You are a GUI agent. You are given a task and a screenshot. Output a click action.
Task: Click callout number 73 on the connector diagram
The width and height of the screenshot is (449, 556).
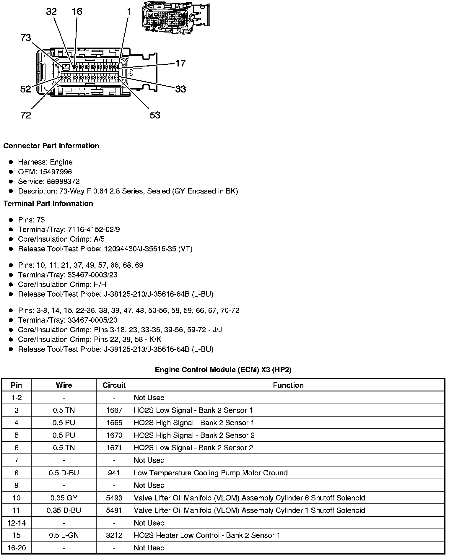(x=26, y=38)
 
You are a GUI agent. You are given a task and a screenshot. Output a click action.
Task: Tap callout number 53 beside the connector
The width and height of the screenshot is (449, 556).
(x=155, y=115)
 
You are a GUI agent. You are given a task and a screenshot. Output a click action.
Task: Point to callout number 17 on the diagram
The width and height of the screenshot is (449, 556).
(x=180, y=63)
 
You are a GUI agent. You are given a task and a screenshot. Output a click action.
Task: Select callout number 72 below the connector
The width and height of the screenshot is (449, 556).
(x=26, y=115)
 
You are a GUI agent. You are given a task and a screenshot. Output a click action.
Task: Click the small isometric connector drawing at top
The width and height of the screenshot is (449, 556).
(x=176, y=17)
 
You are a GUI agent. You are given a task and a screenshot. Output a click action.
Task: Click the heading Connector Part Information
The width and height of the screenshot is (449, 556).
(x=51, y=146)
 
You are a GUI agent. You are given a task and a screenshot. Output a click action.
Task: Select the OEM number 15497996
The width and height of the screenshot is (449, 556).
(x=56, y=172)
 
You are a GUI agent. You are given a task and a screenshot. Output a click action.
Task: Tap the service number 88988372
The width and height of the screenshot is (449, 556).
(x=63, y=181)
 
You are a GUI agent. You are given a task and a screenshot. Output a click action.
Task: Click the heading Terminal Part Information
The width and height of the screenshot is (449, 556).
(x=48, y=204)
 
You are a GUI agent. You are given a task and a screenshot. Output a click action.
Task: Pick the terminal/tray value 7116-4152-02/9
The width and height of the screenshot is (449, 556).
(x=94, y=230)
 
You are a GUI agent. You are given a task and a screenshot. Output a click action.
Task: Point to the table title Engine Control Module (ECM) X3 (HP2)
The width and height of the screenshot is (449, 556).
(x=223, y=370)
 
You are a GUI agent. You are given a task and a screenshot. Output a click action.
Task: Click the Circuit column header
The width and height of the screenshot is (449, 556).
(x=114, y=385)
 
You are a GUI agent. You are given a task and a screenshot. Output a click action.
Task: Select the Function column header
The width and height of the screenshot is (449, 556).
(x=288, y=385)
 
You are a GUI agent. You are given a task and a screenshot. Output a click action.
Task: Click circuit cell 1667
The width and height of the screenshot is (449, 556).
(x=114, y=410)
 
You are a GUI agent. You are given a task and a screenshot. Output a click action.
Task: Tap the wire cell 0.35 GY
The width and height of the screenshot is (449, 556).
(x=64, y=498)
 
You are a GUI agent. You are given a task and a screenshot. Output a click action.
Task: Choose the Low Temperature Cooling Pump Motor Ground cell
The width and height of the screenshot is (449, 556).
(x=210, y=473)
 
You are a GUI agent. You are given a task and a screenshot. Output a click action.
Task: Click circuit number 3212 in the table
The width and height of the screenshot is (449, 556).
(x=114, y=535)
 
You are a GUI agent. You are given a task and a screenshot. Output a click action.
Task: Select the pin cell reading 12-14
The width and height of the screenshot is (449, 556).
(x=16, y=523)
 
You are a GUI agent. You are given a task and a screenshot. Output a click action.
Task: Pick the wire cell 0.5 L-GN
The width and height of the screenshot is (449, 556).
(x=64, y=535)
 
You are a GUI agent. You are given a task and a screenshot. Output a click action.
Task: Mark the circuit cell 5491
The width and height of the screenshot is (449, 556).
(x=114, y=511)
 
